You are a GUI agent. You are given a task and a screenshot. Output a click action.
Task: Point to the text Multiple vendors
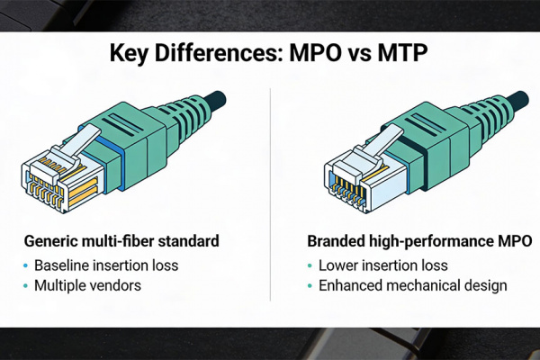coord(90,286)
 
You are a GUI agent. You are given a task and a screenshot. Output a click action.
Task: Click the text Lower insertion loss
coord(383,265)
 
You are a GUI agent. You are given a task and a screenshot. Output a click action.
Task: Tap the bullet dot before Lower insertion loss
coord(310,265)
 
